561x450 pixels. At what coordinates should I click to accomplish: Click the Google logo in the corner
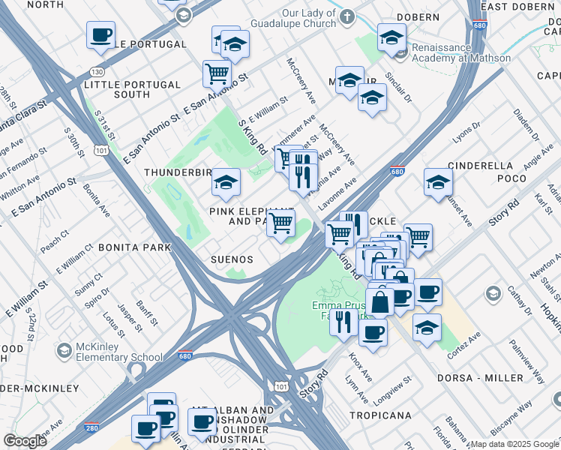25,440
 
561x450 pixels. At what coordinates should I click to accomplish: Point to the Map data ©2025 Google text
514,444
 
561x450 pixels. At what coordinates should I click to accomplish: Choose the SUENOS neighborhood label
231,259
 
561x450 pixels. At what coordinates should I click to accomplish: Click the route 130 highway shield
97,72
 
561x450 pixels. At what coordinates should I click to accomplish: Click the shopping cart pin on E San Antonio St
217,73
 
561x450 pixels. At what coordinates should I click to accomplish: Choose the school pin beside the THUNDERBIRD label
226,181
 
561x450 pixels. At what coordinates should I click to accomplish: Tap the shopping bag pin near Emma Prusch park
380,302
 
